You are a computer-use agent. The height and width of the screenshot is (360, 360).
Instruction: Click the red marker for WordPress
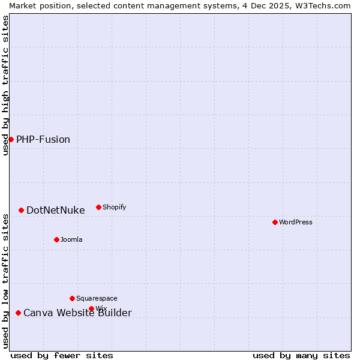[x=275, y=222]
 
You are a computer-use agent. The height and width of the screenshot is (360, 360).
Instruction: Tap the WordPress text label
[x=296, y=222]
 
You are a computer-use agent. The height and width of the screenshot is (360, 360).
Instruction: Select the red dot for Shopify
[x=98, y=207]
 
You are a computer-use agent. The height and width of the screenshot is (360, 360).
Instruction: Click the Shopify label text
[x=114, y=207]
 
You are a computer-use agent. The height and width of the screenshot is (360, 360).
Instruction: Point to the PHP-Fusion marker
[x=11, y=139]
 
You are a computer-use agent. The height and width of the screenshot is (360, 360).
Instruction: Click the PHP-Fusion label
[x=43, y=139]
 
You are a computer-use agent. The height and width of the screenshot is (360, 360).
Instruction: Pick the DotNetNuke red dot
[x=21, y=210]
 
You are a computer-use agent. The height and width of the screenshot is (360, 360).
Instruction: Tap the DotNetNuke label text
[x=56, y=210]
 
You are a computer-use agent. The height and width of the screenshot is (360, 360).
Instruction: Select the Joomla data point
[x=56, y=239]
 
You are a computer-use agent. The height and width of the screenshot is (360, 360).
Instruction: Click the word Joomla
[x=71, y=239]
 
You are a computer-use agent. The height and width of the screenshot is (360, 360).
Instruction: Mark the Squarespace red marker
[x=72, y=298]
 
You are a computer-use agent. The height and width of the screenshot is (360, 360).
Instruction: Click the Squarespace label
[x=97, y=298]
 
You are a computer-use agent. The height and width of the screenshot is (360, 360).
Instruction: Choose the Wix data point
[x=91, y=308]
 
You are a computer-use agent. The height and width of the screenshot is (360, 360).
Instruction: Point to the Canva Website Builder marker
[x=18, y=313]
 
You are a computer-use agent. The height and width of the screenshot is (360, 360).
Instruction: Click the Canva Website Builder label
[x=77, y=313]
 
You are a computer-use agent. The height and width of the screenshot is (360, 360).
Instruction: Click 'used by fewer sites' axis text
[x=62, y=355]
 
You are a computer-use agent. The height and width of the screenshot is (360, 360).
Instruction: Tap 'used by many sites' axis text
[x=301, y=355]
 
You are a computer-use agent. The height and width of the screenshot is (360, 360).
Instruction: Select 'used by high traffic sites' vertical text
[x=5, y=85]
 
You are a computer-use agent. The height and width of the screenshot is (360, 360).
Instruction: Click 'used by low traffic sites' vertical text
[x=5, y=281]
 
